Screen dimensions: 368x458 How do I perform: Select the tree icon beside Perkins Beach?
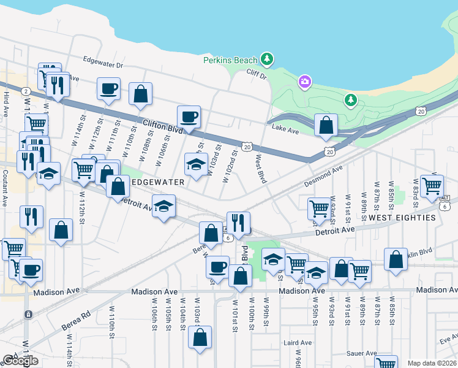point(266,59)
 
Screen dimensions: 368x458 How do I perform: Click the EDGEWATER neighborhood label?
point(157,183)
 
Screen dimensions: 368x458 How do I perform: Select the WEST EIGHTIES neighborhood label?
point(402,218)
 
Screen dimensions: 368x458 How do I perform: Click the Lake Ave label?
point(285,130)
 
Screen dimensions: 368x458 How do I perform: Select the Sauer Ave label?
point(361,354)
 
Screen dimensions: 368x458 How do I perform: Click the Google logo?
point(20,361)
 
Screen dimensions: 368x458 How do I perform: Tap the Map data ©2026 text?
point(432,363)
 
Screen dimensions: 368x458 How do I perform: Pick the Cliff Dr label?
point(257,76)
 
